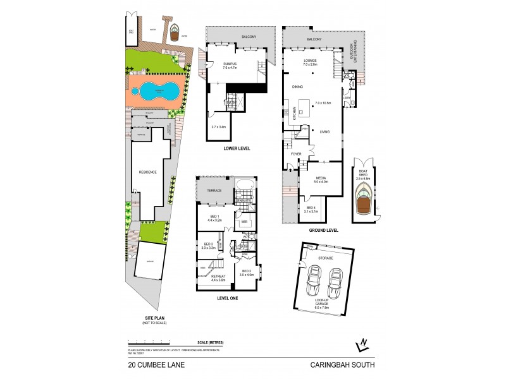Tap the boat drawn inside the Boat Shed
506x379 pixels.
(364, 199)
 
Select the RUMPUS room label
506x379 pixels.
(229, 64)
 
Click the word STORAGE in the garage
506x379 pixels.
(326, 258)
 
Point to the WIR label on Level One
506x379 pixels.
(244, 222)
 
